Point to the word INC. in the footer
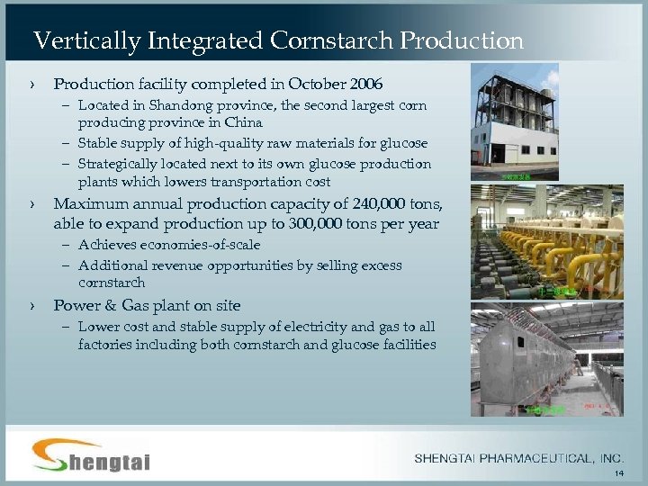pos(609,459)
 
